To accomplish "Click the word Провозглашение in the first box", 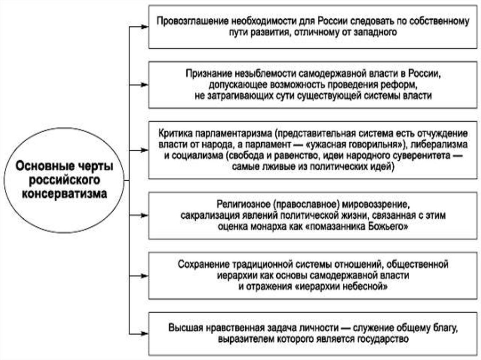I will [x=187, y=21].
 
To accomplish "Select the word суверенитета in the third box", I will [x=418, y=155].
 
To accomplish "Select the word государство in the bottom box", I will [x=383, y=338].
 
